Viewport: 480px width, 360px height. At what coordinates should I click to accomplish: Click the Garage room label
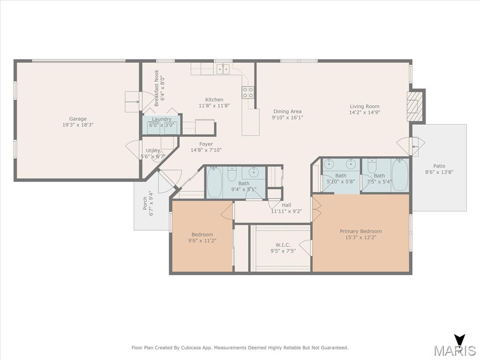coord(78,119)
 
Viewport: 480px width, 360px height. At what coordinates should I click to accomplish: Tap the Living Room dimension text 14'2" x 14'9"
coord(365,112)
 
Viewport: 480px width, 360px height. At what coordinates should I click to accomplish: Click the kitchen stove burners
coord(248,92)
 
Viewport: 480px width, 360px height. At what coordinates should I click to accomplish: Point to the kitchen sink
coord(223,69)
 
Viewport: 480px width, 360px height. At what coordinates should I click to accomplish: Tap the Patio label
coord(439,166)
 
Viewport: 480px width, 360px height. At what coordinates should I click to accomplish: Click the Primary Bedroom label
coord(360,231)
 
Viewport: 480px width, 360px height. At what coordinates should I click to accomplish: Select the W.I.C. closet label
coord(283,245)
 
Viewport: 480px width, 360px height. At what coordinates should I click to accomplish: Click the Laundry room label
coord(162,119)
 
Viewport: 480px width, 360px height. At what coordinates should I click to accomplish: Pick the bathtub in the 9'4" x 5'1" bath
coord(214,182)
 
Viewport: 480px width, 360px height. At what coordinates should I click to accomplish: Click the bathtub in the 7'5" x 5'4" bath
coord(400,175)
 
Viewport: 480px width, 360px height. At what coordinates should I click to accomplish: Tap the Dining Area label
coord(287,112)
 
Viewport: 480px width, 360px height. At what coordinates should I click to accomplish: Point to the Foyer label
coord(206,144)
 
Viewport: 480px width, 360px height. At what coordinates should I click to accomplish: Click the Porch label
coord(145,203)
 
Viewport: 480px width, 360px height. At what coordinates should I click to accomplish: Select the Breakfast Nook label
coord(157,88)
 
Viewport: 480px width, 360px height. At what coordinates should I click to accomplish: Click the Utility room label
coord(153,150)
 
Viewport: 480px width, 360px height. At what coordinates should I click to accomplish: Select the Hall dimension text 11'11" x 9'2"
coord(286,211)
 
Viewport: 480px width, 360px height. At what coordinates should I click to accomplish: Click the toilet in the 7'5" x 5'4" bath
coord(372,165)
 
